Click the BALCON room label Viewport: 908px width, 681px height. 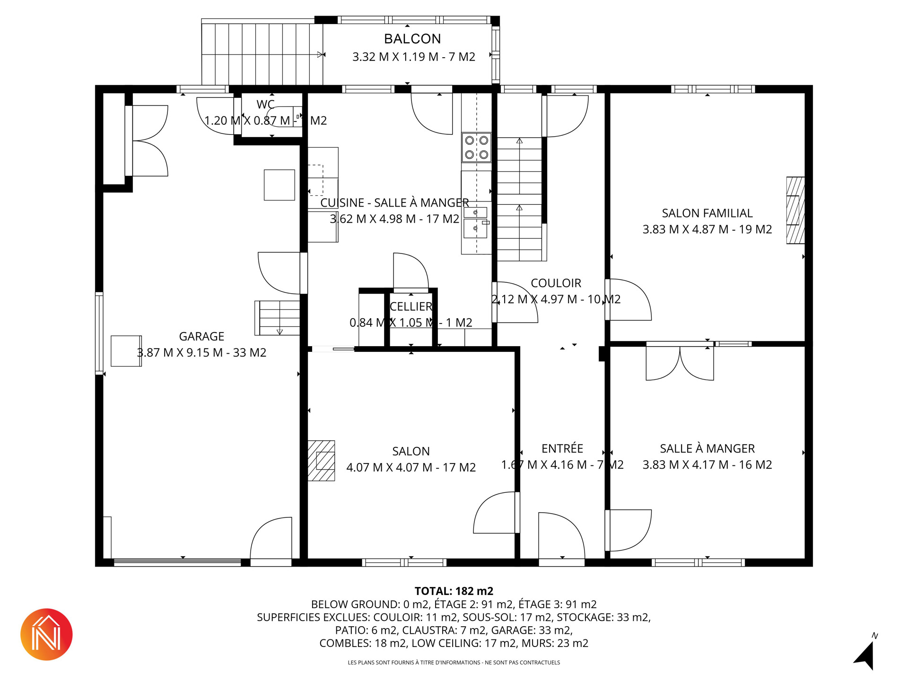[412, 39]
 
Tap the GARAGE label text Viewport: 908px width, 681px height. [201, 336]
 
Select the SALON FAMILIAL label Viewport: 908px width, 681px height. [707, 213]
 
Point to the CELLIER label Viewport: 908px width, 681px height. [411, 306]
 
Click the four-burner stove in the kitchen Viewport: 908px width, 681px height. [477, 148]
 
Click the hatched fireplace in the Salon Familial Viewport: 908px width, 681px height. [795, 210]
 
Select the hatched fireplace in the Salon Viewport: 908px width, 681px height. [322, 461]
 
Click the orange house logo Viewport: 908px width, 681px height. [46, 634]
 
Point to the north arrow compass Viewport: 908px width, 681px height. [866, 654]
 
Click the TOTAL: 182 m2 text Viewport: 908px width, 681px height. [454, 591]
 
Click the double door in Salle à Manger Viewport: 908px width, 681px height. [680, 363]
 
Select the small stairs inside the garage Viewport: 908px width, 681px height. [277, 318]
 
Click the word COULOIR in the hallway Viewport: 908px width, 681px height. [556, 283]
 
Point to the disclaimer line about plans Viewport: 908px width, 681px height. [454, 663]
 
